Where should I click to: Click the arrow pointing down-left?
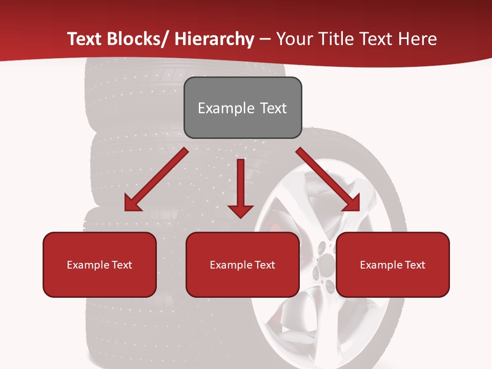156,180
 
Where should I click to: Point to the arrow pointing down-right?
328,180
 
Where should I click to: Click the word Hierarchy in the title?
214,39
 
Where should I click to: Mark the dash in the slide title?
265,39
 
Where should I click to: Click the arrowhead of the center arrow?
240,211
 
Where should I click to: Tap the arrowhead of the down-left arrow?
132,204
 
